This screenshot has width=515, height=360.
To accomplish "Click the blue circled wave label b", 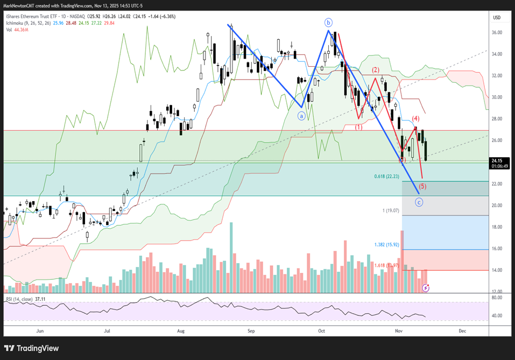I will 328,23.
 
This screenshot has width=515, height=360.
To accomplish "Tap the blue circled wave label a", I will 302,115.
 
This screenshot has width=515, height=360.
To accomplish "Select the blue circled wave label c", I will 419,202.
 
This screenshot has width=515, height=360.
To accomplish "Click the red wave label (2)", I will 375,70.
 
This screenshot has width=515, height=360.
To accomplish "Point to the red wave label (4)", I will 416,118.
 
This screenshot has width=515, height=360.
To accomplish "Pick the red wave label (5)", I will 422,186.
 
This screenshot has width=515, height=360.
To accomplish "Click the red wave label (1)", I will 358,127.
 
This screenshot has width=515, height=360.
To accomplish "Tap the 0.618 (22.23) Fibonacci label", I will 387,177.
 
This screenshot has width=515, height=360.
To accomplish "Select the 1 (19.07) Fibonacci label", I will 391,210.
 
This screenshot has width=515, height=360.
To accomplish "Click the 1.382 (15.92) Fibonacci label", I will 387,244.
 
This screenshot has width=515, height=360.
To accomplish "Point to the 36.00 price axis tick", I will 497,32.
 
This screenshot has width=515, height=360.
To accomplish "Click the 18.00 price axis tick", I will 497,227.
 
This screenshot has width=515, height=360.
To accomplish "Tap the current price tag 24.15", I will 497,160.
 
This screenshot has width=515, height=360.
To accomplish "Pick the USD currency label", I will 497,18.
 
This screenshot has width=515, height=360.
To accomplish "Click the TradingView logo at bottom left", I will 32,348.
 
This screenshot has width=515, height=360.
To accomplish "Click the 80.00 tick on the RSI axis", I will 497,296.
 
